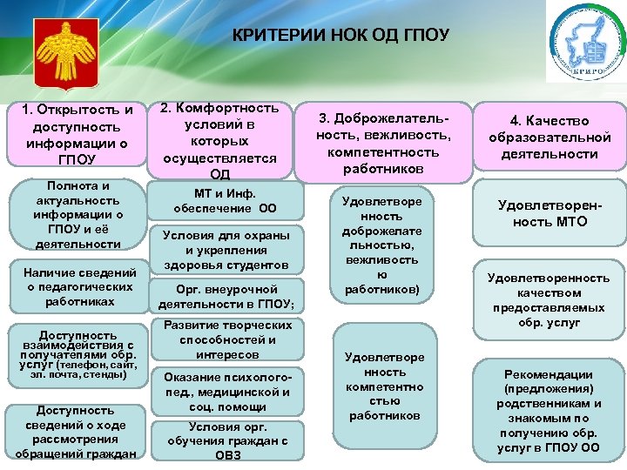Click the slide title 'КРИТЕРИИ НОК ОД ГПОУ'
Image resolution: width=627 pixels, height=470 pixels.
[340, 36]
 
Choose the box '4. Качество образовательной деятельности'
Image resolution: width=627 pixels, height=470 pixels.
[549, 137]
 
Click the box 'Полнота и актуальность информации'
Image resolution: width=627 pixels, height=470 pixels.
[78, 215]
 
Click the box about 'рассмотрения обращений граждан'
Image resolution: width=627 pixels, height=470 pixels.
[78, 432]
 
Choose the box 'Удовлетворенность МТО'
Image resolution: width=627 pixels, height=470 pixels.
[549, 214]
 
